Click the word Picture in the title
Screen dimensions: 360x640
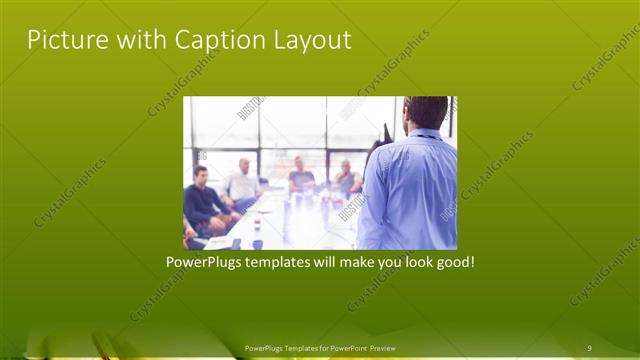point(62,40)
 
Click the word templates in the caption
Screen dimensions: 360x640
point(289,263)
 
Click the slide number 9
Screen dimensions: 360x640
point(591,348)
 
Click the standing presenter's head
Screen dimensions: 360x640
point(427,112)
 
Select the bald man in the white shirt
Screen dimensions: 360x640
point(243,182)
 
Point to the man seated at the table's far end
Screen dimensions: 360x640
point(300,175)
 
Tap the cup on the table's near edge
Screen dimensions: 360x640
point(257,242)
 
